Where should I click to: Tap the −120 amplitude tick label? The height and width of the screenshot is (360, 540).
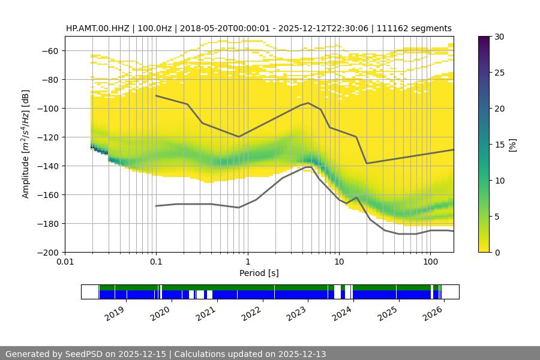[x=49, y=137]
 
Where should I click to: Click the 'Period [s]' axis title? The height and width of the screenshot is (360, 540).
[x=259, y=274]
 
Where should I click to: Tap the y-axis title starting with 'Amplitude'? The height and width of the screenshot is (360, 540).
[x=26, y=144]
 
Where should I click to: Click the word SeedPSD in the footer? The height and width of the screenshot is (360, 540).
[x=80, y=354]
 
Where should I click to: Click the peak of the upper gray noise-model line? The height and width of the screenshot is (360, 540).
[x=308, y=103]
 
